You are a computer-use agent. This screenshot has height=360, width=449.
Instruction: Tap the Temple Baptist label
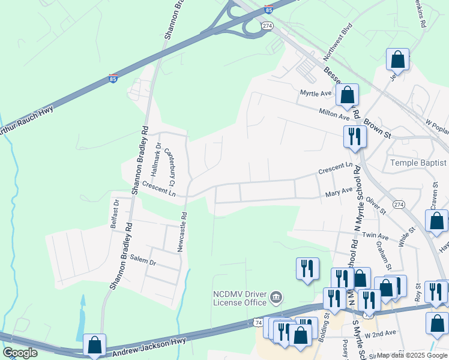point(418,163)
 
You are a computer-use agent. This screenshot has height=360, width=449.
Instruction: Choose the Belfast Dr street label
point(114,214)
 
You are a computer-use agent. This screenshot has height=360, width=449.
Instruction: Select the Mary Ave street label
point(339,191)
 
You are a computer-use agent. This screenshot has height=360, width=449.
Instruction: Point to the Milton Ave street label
point(334,113)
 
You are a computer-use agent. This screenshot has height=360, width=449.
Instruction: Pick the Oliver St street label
point(376,204)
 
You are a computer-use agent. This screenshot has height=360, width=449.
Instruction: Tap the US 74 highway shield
point(258,322)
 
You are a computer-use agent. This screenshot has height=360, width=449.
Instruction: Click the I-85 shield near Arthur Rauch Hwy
point(113,78)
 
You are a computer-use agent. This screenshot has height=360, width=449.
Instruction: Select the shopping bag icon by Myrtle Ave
point(347,94)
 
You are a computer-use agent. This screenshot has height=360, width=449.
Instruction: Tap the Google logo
point(20,353)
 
